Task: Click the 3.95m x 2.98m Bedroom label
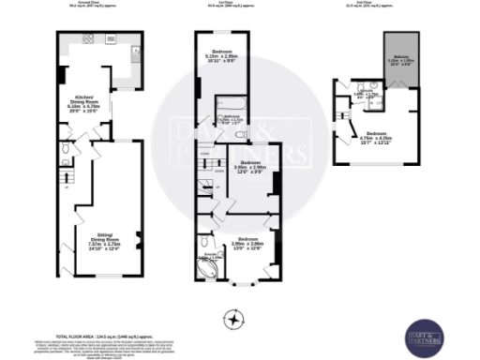click(x=249, y=165)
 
